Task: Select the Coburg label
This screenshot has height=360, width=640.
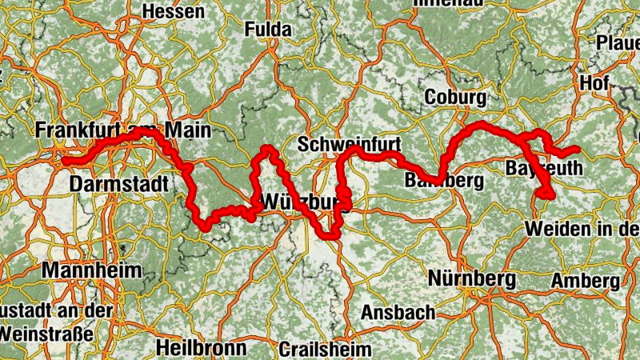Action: [x=456, y=98]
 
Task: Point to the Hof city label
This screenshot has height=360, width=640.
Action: [x=595, y=82]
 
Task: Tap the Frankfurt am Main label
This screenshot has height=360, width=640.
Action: [x=122, y=131]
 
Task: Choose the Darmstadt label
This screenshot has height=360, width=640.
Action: [x=120, y=185]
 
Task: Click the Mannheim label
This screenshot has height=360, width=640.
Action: [x=91, y=270]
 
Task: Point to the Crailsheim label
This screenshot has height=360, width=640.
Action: [x=326, y=350]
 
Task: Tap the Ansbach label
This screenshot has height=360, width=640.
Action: [x=398, y=312]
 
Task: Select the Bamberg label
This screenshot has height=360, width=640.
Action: [x=445, y=180]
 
